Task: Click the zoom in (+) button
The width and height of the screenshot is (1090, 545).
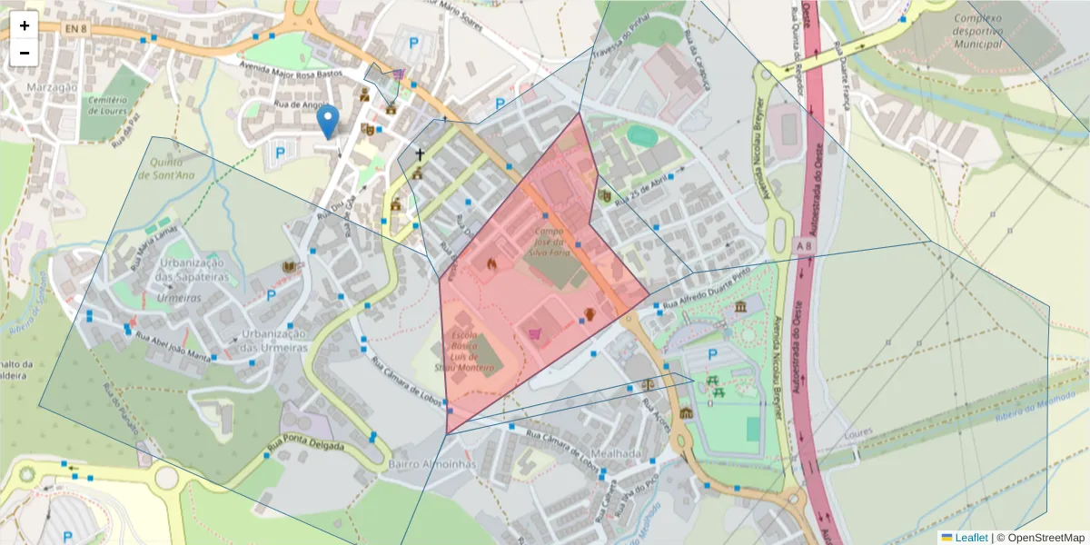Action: [25, 25]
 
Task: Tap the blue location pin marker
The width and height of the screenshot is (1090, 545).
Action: [328, 122]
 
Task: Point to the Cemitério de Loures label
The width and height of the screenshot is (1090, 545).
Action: [107, 104]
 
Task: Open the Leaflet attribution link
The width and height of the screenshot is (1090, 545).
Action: [970, 538]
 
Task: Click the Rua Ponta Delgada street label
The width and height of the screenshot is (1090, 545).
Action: [306, 447]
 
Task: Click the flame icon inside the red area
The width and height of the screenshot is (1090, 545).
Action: [492, 264]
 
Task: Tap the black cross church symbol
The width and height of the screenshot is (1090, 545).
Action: [420, 155]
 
